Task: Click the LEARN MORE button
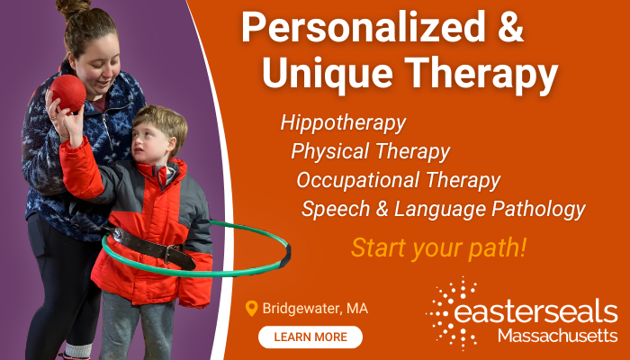click(x=310, y=337)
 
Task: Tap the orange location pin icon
click(x=251, y=309)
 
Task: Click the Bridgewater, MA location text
click(x=315, y=309)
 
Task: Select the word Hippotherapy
click(x=343, y=123)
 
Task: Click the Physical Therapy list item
click(x=371, y=152)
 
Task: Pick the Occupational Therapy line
click(x=398, y=181)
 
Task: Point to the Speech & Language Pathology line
click(x=443, y=210)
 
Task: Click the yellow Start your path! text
click(x=438, y=247)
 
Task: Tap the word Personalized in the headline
click(x=364, y=28)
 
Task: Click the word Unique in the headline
click(x=328, y=74)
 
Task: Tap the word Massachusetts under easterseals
click(x=558, y=336)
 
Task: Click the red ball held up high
click(x=67, y=93)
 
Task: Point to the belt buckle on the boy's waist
click(x=172, y=252)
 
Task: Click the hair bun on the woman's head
click(x=74, y=7)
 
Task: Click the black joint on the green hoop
click(x=285, y=256)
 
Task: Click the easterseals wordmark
click(x=535, y=312)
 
